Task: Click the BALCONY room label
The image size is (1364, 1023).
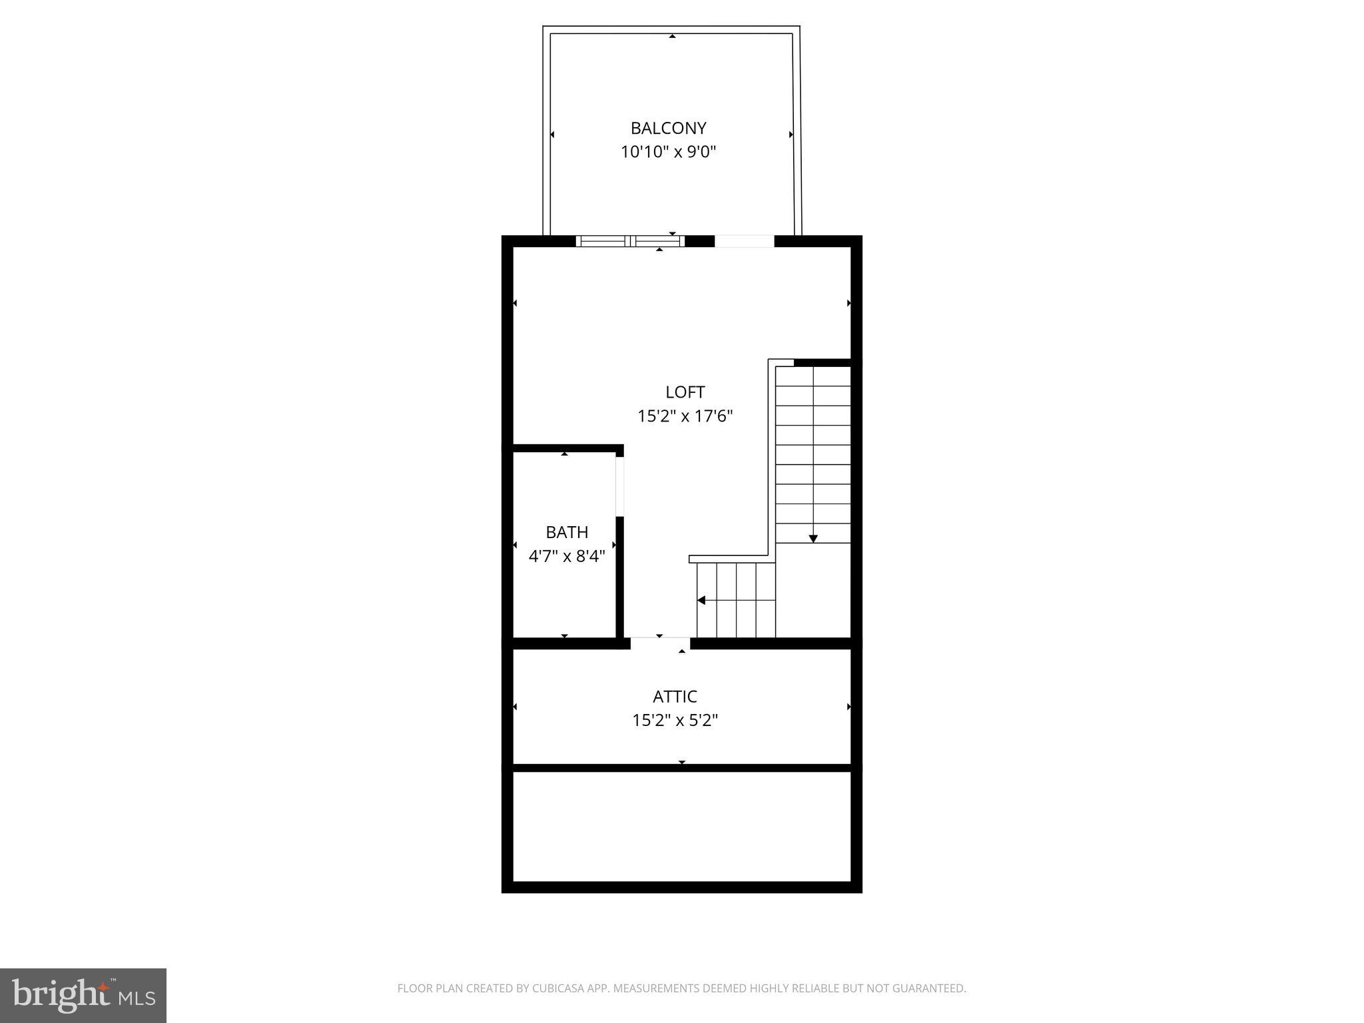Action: pos(668,128)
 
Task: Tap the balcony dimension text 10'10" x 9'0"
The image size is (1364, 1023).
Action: pos(668,152)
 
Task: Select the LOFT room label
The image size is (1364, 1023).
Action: pos(685,392)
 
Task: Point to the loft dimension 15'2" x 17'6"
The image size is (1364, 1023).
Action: pos(685,416)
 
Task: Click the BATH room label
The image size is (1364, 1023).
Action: pos(567,532)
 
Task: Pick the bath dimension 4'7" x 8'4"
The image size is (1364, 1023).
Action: pos(567,556)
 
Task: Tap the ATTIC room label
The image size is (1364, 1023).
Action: pos(675,697)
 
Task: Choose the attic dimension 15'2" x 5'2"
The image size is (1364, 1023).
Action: pos(675,721)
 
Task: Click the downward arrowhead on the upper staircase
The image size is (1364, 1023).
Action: pos(813,538)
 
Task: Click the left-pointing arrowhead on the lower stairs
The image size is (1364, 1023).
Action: pos(701,600)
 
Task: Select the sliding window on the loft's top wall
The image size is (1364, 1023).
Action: pos(630,241)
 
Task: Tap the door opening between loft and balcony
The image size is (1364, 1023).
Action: pos(745,241)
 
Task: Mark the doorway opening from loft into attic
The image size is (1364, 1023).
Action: pos(660,643)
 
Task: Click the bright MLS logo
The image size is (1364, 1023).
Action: pos(83,996)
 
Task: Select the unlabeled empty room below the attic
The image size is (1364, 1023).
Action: pos(681,827)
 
